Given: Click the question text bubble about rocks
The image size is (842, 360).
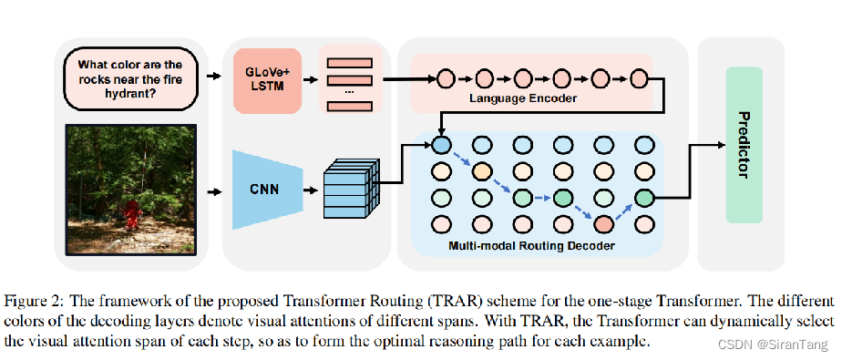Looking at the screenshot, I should click(x=130, y=77).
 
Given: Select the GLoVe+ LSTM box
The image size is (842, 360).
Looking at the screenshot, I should click(x=267, y=81).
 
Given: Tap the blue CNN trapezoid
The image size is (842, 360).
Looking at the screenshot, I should click(x=264, y=190).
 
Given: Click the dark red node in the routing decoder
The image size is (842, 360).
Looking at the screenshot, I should click(x=603, y=222).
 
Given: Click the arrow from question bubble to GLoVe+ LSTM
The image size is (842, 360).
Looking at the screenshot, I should click(x=212, y=77).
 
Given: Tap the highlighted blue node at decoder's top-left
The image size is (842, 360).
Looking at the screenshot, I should click(x=441, y=144).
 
